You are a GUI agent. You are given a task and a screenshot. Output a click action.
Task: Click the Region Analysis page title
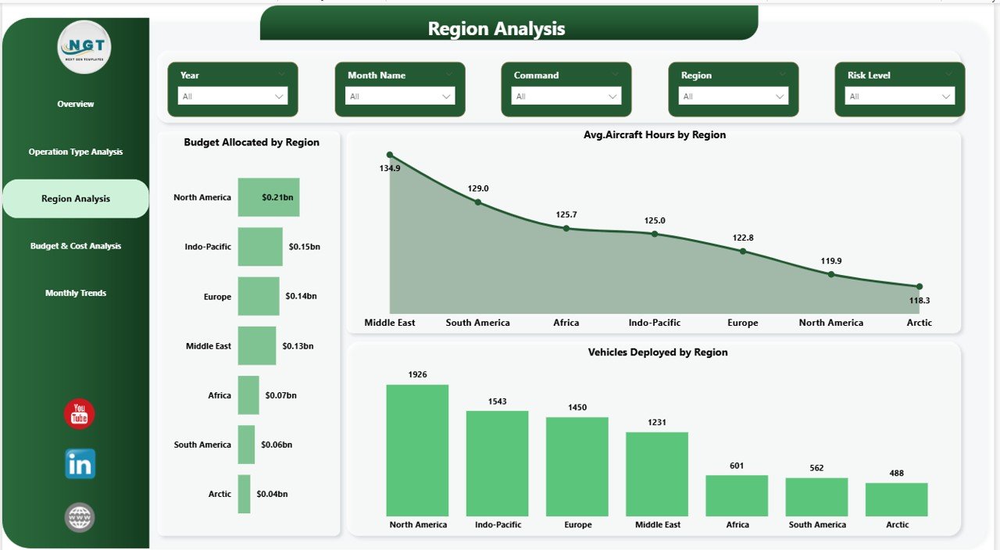(496, 29)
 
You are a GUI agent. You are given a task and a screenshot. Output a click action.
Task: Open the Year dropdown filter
(233, 96)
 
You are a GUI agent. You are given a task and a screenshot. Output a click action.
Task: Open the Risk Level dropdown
(899, 96)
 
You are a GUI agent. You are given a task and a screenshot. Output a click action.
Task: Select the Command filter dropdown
(566, 96)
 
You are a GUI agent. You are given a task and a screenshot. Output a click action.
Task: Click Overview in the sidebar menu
(76, 104)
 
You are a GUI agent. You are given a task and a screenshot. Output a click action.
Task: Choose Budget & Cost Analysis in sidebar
(76, 246)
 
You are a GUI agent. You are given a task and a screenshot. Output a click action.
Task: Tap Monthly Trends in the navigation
(76, 293)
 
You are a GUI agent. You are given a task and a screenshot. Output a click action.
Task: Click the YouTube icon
(79, 414)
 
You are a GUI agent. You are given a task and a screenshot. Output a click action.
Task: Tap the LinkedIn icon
(80, 464)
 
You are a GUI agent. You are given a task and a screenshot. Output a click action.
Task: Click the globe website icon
(80, 517)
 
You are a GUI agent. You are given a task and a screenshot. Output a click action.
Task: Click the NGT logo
(84, 47)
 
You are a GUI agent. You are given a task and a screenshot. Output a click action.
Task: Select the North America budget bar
(268, 197)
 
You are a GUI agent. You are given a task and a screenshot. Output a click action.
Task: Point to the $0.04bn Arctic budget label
(272, 494)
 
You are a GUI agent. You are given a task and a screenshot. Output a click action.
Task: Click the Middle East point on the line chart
(390, 155)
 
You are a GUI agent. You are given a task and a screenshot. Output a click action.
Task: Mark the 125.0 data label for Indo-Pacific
(654, 221)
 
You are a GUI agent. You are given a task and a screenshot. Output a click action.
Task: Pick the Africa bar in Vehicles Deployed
(737, 495)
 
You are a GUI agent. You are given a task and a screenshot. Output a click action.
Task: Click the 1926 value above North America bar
(417, 375)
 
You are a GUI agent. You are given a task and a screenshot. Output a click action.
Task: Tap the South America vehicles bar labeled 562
(816, 497)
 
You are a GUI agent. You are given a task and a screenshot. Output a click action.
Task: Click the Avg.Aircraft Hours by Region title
(655, 135)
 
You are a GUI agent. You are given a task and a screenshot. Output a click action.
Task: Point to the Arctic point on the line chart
(919, 287)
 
